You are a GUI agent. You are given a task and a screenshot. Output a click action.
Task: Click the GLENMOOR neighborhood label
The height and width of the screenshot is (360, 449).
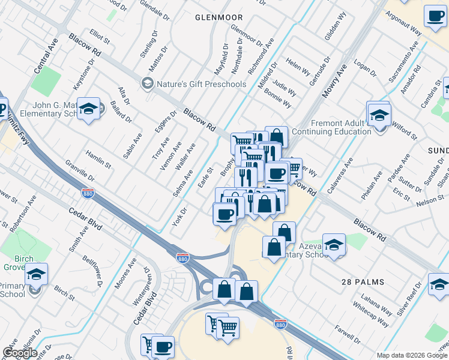pos(218,17)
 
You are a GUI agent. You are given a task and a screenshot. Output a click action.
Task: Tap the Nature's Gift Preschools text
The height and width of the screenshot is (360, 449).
pos(202,84)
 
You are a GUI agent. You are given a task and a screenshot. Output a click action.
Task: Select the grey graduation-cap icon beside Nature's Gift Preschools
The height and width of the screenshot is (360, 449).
pos(146,83)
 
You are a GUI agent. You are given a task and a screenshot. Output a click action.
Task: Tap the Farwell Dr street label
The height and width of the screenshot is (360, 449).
pos(347,331)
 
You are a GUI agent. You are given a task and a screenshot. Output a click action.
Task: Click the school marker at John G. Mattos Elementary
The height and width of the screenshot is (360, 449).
pos(88,109)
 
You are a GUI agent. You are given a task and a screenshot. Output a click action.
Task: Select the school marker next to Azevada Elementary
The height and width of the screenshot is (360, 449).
pos(334,245)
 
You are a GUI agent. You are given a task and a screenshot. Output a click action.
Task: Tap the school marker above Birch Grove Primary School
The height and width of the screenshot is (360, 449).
pos(36,274)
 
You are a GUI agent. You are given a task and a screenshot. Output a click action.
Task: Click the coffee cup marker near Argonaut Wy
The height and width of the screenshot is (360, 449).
pos(435,16)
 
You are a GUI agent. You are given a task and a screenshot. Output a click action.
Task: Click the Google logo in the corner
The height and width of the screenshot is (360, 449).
pos(20,353)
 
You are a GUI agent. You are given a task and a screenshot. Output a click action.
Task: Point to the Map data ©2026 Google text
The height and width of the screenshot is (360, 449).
pos(412,355)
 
